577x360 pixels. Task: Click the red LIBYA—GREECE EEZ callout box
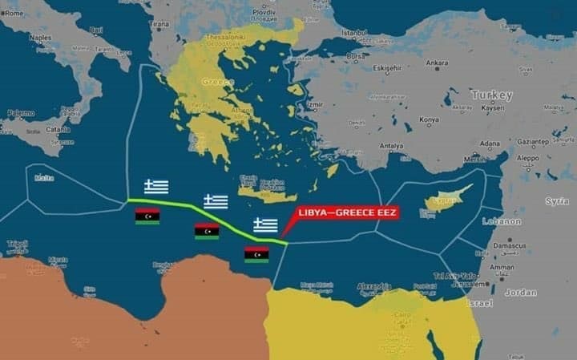pyautogui.click(x=347, y=213)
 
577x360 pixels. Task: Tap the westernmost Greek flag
pyautogui.click(x=156, y=187)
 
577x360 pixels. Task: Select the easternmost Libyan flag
pyautogui.click(x=256, y=254)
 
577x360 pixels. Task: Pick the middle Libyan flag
pyautogui.click(x=207, y=231)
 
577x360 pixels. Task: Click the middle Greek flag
pyautogui.click(x=216, y=201)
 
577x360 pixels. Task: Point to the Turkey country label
pyautogui.click(x=492, y=95)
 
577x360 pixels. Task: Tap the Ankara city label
pyautogui.click(x=437, y=63)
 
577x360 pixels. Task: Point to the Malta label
pyautogui.click(x=44, y=177)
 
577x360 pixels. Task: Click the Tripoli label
pyautogui.click(x=17, y=243)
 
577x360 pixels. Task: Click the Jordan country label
pyautogui.click(x=521, y=292)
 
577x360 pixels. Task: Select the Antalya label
pyautogui.click(x=391, y=145)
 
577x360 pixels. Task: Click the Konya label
pyautogui.click(x=430, y=119)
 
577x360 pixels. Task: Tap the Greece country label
pyautogui.click(x=217, y=82)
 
